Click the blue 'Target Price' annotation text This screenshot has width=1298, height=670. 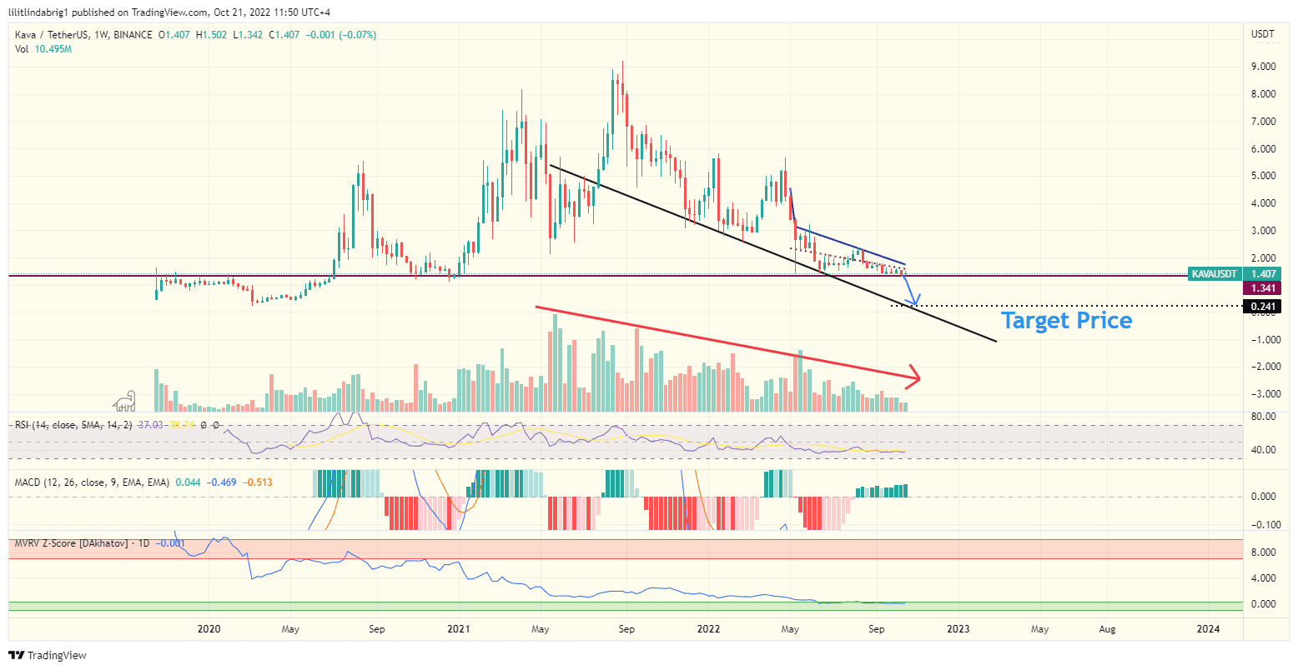(1066, 321)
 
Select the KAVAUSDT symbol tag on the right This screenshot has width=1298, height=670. (1214, 273)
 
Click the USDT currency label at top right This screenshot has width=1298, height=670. (1262, 35)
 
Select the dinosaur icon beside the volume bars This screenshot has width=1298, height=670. (125, 401)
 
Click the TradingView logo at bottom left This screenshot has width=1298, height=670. (48, 656)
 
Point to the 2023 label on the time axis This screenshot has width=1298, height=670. (958, 629)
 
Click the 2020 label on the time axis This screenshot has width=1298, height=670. (209, 629)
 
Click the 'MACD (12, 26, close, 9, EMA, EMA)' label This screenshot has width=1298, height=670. (92, 482)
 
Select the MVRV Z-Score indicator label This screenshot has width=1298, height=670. (71, 543)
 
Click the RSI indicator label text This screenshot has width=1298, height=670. (73, 425)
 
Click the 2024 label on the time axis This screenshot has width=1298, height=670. (1207, 629)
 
